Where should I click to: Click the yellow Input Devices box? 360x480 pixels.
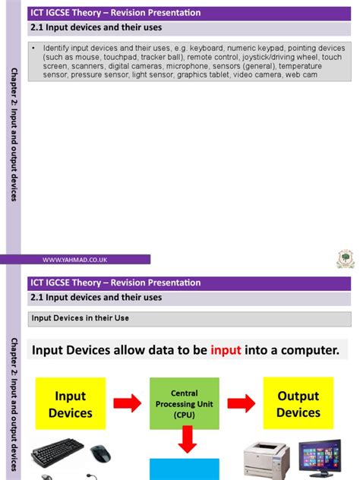click(x=70, y=404)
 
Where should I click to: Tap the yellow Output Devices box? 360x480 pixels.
click(x=298, y=404)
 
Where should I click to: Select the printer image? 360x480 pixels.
click(x=267, y=459)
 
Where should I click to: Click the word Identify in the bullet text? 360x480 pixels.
click(x=58, y=48)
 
